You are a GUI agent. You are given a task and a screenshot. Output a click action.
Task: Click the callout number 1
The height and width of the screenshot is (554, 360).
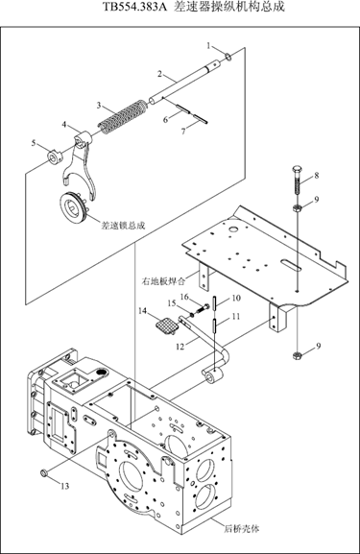pos(208,45)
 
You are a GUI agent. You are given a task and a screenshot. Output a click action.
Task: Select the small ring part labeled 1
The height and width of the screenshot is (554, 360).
pos(228,56)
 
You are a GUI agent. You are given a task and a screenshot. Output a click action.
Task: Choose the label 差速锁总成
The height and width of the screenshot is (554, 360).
pos(123,225)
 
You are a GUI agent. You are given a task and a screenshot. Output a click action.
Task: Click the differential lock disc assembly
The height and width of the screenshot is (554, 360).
pos(74,206)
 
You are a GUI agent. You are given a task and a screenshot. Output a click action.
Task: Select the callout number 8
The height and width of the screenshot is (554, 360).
pos(316,175)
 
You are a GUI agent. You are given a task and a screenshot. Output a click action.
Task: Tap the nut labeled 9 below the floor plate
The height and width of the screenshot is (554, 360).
pos(297,356)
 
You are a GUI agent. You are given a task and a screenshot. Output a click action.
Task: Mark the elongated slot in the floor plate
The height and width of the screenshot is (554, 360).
pos(292,265)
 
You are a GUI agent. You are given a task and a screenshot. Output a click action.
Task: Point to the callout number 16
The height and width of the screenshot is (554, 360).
pos(184,297)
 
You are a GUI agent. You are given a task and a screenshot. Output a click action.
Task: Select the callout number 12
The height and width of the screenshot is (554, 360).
pos(180,347)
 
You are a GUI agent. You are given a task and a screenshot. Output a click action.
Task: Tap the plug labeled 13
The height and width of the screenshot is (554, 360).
pos(44,472)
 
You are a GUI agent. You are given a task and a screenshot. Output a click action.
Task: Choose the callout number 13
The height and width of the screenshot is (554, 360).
pos(65,486)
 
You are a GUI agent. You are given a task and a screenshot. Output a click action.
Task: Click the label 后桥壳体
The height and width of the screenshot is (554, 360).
pos(242,529)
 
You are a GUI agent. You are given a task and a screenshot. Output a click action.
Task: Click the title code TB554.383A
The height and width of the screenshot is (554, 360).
pos(134,7)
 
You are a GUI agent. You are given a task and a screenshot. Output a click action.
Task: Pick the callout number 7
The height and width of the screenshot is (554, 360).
pos(183,132)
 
